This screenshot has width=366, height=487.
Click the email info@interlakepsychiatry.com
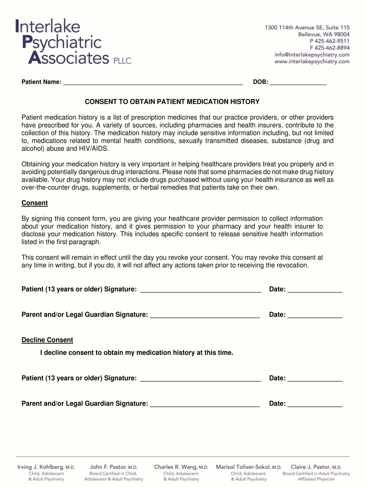(312, 55)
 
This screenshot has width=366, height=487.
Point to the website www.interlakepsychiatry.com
(312, 61)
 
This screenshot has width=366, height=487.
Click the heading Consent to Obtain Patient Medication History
(172, 102)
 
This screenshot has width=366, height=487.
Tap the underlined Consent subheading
(35, 203)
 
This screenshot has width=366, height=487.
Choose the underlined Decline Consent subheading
(47, 340)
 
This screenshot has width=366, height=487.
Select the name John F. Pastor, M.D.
(114, 467)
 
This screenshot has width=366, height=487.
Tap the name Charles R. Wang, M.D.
(181, 467)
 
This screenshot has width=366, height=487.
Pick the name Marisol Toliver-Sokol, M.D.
(249, 467)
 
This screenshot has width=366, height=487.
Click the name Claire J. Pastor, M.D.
(316, 467)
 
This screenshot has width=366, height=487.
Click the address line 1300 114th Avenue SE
(307, 28)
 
